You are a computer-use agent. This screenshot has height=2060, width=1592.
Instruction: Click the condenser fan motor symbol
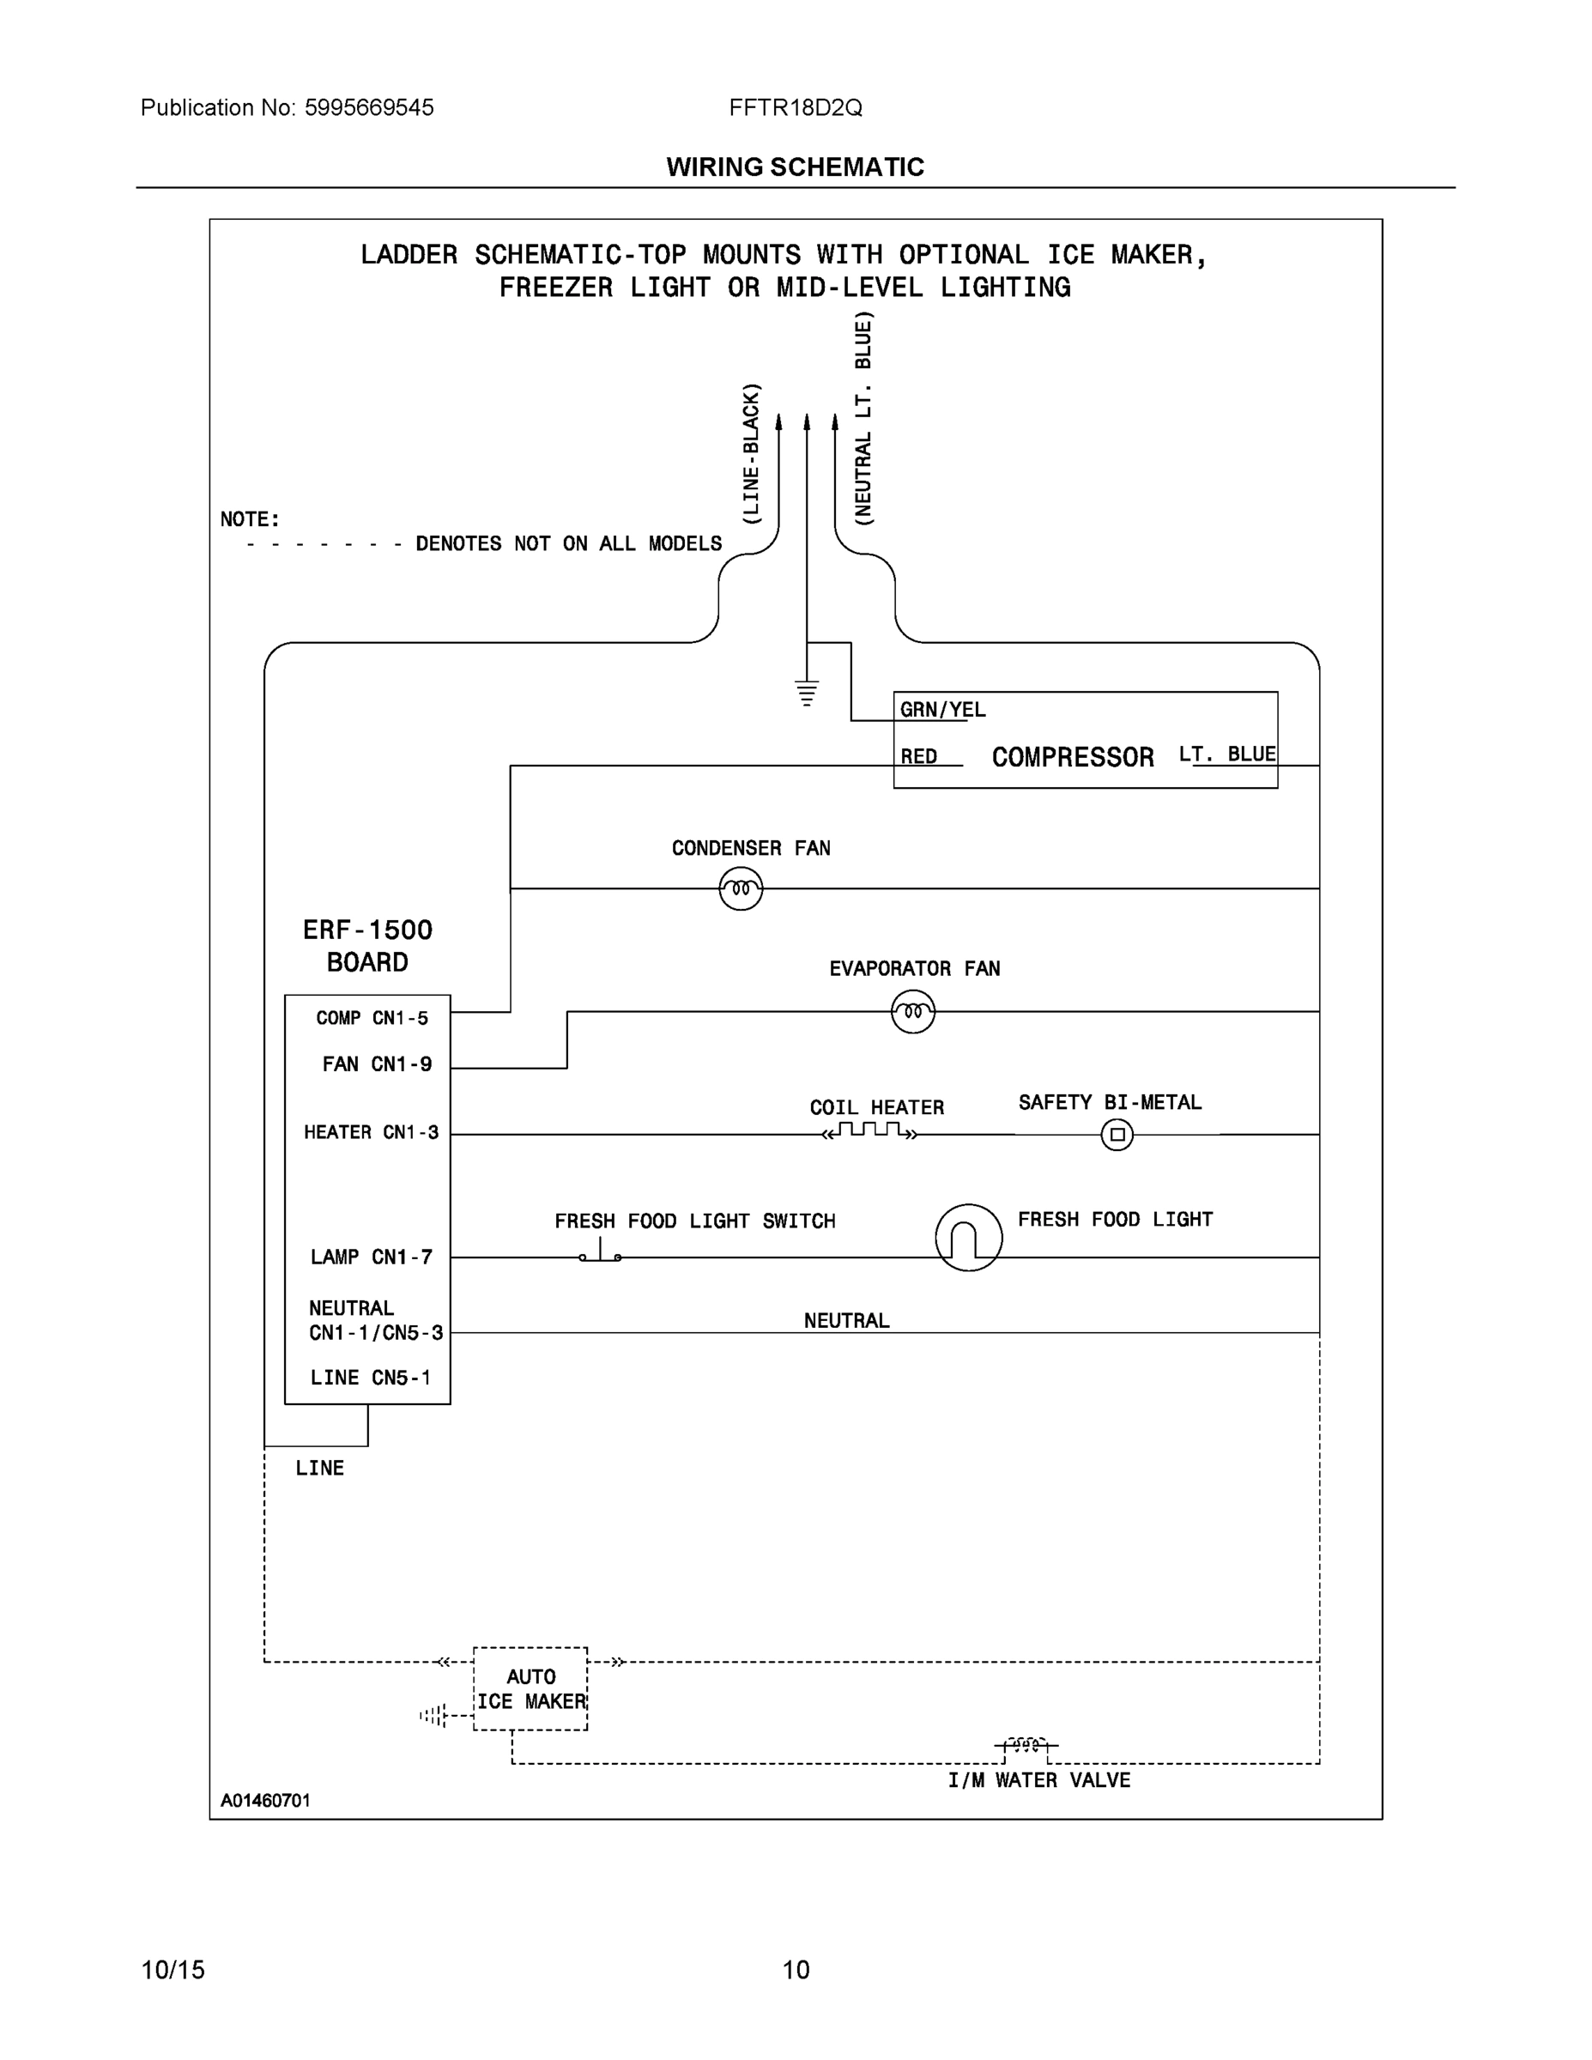point(741,888)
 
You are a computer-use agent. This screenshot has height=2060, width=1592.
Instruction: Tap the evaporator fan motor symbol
point(912,1012)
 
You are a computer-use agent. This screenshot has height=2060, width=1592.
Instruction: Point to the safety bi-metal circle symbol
point(1117,1135)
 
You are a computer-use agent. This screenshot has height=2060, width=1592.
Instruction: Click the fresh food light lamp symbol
point(969,1238)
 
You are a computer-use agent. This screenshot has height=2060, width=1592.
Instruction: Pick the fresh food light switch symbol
point(600,1253)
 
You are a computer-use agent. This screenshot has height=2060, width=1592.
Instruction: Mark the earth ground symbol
point(807,694)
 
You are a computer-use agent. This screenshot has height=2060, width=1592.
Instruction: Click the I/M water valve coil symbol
point(1026,1745)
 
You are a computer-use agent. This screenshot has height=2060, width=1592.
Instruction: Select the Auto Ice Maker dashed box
point(530,1689)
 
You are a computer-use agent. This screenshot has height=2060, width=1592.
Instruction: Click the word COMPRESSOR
point(1072,757)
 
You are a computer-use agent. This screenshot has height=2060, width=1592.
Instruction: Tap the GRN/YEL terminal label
point(942,709)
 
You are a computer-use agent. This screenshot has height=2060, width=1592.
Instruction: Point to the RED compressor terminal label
point(918,756)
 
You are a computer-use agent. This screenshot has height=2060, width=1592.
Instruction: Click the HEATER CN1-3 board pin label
point(371,1132)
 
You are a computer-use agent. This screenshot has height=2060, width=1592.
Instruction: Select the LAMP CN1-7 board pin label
point(371,1257)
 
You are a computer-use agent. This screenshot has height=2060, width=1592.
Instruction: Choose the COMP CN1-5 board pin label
point(372,1018)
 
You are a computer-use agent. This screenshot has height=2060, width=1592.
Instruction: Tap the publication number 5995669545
point(369,107)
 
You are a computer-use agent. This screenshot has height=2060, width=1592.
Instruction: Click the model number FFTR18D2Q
point(795,107)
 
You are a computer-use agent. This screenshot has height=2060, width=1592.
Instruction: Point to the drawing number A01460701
point(265,1800)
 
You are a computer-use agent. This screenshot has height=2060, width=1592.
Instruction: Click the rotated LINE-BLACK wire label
point(751,454)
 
